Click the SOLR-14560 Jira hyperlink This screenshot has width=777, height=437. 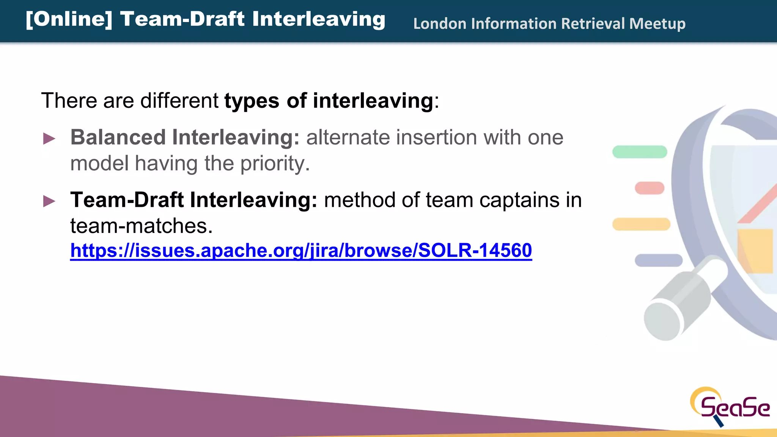[x=301, y=250]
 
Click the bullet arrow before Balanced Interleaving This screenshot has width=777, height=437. [x=49, y=138]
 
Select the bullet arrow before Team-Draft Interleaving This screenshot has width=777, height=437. [x=49, y=201]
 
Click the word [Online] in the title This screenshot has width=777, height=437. [x=69, y=19]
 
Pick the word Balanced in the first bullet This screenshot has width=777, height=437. [x=118, y=137]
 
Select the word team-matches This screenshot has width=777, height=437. [x=141, y=226]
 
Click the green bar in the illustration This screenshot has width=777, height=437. [x=640, y=152]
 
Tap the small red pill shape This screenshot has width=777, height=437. [x=650, y=188]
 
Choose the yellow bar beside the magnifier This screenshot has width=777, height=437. [x=641, y=224]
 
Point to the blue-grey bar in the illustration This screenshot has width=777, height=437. [x=658, y=260]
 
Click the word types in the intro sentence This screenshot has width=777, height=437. [x=252, y=101]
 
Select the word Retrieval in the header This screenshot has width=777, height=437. [x=593, y=24]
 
